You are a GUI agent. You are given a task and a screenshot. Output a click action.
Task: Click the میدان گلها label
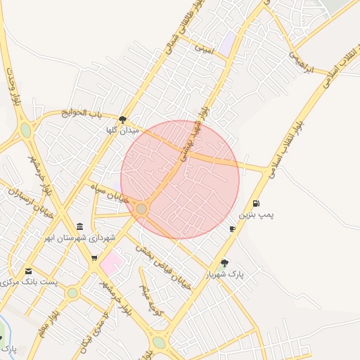(122, 131)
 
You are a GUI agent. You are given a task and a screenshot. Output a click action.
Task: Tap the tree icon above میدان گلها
(123, 120)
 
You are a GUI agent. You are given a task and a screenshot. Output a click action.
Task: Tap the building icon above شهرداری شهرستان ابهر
(79, 226)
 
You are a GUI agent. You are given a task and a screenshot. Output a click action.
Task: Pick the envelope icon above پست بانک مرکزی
(28, 271)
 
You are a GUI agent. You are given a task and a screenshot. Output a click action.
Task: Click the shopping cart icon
(94, 258)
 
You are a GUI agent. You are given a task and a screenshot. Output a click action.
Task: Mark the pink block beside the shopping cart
(111, 265)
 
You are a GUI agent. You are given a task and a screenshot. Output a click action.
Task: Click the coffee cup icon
(233, 229)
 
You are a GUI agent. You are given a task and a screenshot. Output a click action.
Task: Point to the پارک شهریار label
(224, 274)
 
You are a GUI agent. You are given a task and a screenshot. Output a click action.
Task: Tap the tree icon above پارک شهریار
(224, 263)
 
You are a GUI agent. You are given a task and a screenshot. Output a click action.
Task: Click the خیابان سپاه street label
(111, 194)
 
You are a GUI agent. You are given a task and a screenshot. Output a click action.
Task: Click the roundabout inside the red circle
(142, 209)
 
